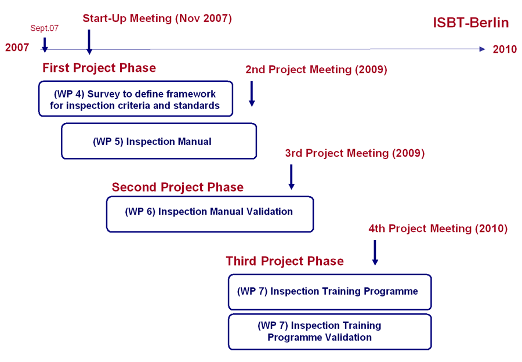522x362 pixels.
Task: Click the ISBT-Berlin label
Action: coord(471,23)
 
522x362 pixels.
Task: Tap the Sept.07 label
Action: coord(44,28)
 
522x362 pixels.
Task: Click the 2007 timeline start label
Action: coord(17,48)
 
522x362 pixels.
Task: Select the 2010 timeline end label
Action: coord(505,49)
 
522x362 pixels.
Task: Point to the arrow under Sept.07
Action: coord(45,45)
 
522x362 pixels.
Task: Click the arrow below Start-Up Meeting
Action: coord(89,42)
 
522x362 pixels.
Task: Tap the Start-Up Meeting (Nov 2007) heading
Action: coord(157,19)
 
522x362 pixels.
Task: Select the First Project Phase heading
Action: coord(99,68)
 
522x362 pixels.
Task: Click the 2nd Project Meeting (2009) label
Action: coord(316,69)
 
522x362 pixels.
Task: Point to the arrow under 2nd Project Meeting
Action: coord(252,94)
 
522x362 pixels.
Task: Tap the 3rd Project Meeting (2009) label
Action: coord(355,153)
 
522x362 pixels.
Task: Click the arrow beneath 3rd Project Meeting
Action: coord(291,177)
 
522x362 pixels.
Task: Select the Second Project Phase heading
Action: coord(178,187)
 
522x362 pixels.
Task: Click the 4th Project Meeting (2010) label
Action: coord(438,229)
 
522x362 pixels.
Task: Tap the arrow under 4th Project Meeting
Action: coord(375,253)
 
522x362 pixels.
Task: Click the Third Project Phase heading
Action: coord(285,261)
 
